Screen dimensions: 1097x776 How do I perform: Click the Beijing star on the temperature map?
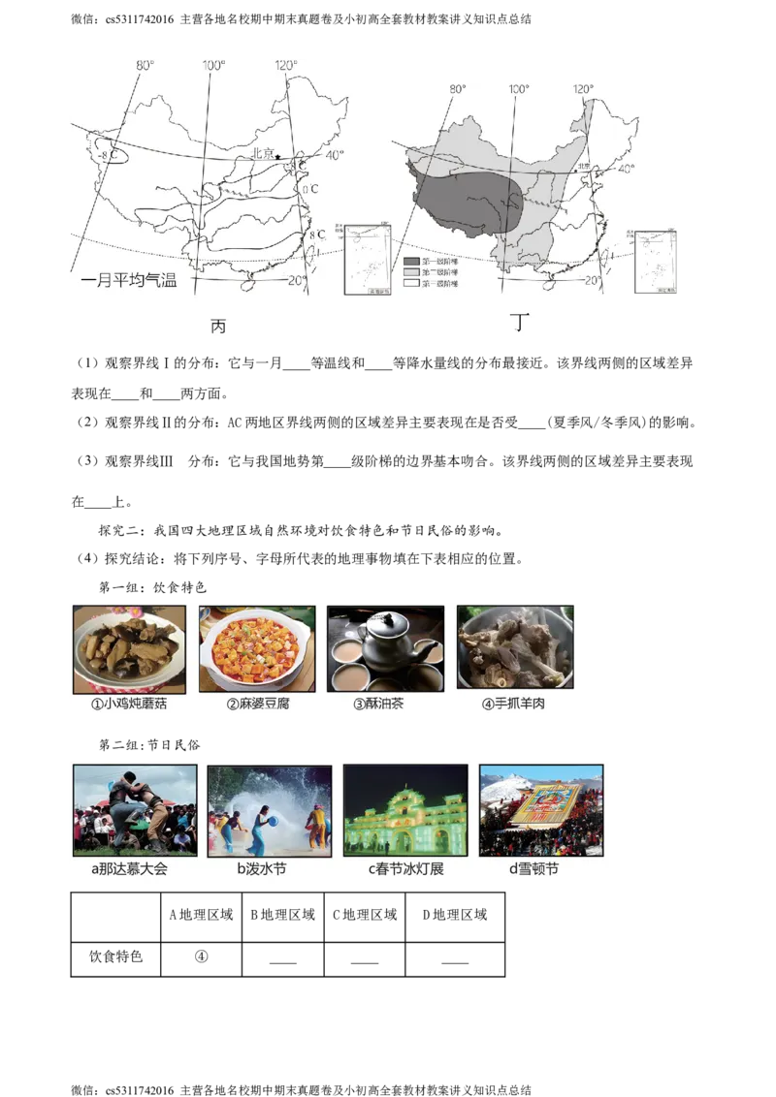coord(279,156)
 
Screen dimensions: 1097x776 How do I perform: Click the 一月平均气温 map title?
coord(129,282)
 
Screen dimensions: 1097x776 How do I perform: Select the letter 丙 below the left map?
coord(218,327)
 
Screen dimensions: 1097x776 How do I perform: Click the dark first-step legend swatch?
coord(412,262)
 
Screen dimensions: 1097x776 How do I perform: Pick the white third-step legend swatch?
coord(412,283)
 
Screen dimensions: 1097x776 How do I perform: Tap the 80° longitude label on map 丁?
coord(457,89)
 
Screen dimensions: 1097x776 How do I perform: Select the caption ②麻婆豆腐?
coord(257,704)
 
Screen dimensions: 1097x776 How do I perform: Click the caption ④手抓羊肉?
coord(513,704)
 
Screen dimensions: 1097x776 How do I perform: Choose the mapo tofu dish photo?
coord(257,648)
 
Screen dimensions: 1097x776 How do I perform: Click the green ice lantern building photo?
coord(405,809)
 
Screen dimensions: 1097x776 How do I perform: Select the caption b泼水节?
coord(262,869)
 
